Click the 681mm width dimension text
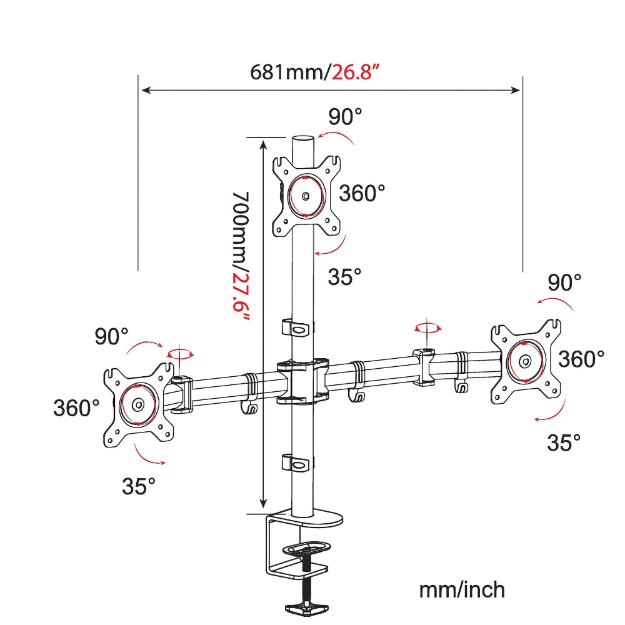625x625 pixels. point(288,72)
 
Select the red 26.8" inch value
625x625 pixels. point(356,72)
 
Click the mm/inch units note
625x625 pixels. point(461,589)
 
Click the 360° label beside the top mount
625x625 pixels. point(362,193)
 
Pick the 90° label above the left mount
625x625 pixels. point(111,336)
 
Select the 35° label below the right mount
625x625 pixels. point(564,443)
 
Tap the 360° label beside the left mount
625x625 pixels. point(76,409)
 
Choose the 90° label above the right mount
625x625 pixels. point(564,283)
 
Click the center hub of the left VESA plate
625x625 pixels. point(138,404)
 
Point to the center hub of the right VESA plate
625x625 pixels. point(526,361)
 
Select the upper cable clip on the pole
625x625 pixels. point(297,327)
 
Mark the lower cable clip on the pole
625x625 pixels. point(297,463)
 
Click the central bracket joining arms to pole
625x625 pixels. point(303,379)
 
